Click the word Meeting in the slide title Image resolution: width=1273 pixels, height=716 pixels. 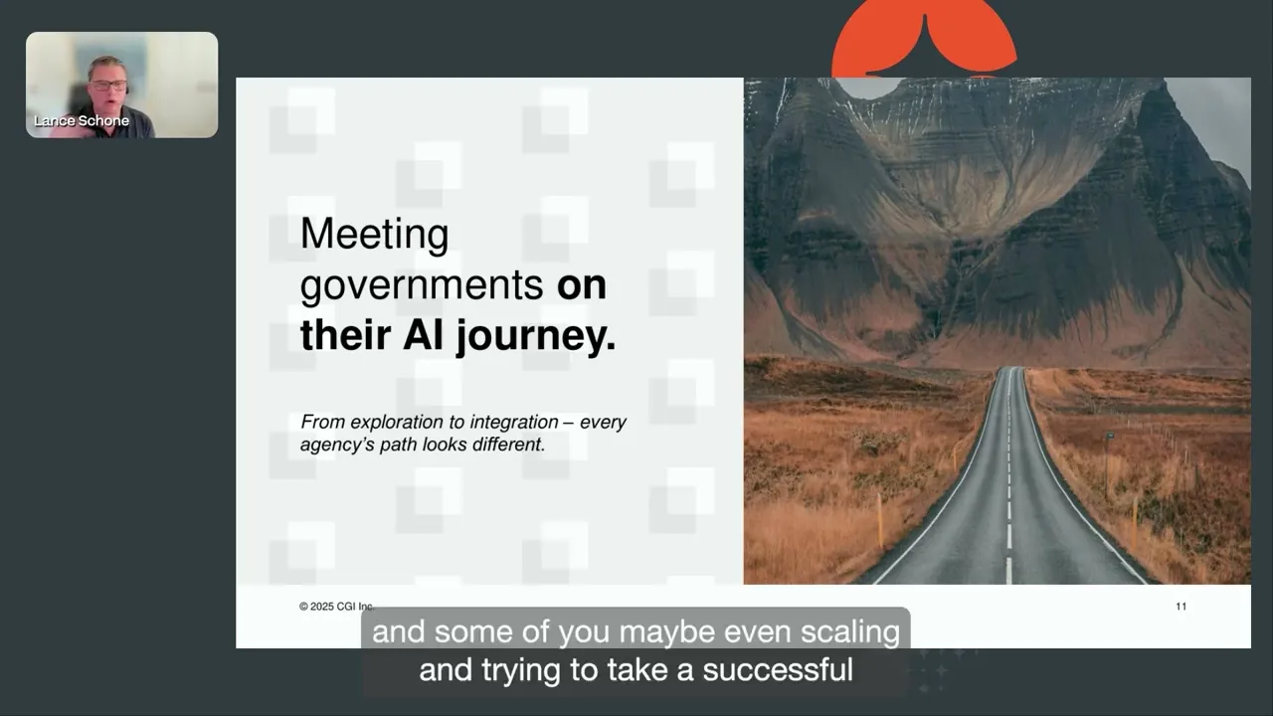[x=374, y=236]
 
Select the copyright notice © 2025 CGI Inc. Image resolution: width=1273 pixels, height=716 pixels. [x=336, y=607]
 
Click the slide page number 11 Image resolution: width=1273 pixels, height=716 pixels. [x=1181, y=607]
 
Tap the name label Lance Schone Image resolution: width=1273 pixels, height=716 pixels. [x=82, y=121]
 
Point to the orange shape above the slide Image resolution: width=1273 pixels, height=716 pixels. [x=923, y=40]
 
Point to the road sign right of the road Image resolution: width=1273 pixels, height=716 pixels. [x=1109, y=439]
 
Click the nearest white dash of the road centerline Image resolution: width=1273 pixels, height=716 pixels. [x=1008, y=570]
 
